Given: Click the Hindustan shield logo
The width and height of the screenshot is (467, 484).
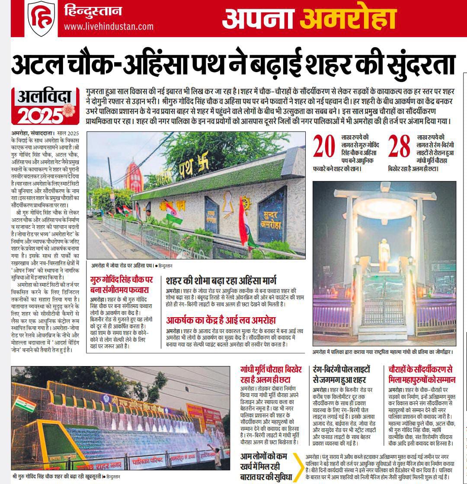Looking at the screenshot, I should click(x=42, y=18).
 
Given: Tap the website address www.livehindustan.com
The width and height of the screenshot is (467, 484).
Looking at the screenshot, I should click(x=109, y=26).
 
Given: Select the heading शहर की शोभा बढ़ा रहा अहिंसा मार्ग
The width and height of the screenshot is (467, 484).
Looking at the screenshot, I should click(x=221, y=280).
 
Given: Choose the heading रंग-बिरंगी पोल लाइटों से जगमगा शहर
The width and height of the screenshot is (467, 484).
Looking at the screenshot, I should click(x=342, y=375).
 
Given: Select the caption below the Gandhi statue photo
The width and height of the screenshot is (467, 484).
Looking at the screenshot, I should click(x=382, y=352).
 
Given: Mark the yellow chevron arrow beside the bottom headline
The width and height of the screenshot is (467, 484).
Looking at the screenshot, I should click(x=297, y=467).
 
